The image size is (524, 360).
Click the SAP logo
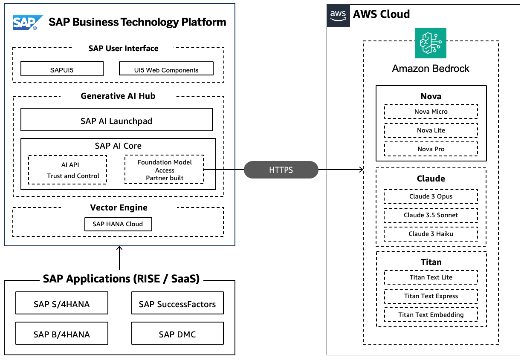28,22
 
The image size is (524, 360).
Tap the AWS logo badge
338,15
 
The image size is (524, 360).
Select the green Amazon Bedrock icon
431,43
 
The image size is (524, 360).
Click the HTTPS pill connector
281,170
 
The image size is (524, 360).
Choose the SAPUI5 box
62,69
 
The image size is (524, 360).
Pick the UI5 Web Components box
166,69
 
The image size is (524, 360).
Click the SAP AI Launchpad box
116,120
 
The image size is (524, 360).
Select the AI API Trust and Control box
67,170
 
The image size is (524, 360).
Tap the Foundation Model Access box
164,170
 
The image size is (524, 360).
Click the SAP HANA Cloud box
118,224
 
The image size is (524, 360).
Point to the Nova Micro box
431,112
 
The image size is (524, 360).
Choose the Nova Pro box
431,149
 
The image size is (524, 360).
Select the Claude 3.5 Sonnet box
431,215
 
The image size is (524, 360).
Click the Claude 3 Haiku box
431,234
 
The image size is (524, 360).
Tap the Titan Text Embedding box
431,315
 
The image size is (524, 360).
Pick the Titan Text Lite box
431,277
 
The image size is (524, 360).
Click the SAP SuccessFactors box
177,304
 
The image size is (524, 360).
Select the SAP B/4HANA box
61,334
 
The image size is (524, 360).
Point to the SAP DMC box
177,334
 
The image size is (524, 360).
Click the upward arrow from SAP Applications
119,258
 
